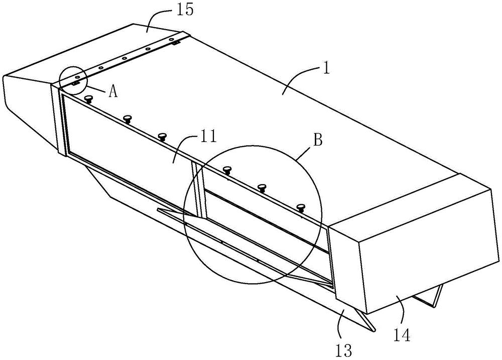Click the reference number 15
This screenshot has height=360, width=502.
pyautogui.click(x=184, y=10)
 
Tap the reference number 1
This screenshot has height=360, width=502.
pyautogui.click(x=326, y=69)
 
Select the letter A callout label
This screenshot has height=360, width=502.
pyautogui.click(x=113, y=92)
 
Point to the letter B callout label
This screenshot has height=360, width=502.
pyautogui.click(x=317, y=140)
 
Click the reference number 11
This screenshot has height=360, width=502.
pyautogui.click(x=208, y=137)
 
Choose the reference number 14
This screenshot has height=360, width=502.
pyautogui.click(x=402, y=335)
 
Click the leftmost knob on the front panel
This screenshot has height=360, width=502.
pyautogui.click(x=89, y=98)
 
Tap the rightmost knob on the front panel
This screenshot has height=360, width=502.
pyautogui.click(x=300, y=207)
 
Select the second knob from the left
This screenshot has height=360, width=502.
pyautogui.click(x=128, y=119)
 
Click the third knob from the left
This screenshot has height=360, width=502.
pyautogui.click(x=163, y=137)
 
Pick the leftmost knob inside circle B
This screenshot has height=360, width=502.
pyautogui.click(x=227, y=170)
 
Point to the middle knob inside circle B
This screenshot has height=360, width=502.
pyautogui.click(x=262, y=188)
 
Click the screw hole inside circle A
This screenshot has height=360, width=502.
pyautogui.click(x=77, y=77)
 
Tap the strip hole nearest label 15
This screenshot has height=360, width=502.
pyautogui.click(x=171, y=39)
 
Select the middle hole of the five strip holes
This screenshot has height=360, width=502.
pyautogui.click(x=124, y=58)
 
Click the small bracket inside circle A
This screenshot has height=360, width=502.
pyautogui.click(x=75, y=83)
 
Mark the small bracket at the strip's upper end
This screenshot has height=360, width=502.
pyautogui.click(x=175, y=42)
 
